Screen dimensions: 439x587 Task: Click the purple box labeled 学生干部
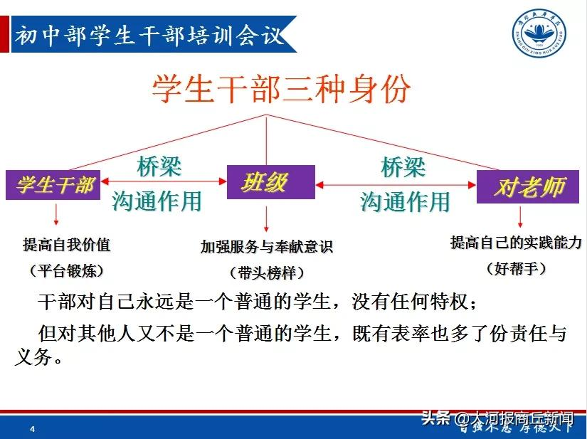pyautogui.click(x=54, y=186)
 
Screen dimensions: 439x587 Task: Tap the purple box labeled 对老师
pyautogui.click(x=529, y=187)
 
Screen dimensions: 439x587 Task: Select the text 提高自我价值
pyautogui.click(x=67, y=245)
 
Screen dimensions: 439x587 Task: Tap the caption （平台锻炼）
pyautogui.click(x=67, y=271)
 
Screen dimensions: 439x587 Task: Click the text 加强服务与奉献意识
pyautogui.click(x=267, y=247)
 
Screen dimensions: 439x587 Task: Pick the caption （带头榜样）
pyautogui.click(x=267, y=273)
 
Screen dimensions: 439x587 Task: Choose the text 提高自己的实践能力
pyautogui.click(x=517, y=243)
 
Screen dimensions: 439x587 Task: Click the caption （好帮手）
pyautogui.click(x=517, y=268)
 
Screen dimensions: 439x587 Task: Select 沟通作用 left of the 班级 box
pyautogui.click(x=157, y=201)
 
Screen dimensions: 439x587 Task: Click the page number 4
pyautogui.click(x=32, y=429)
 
